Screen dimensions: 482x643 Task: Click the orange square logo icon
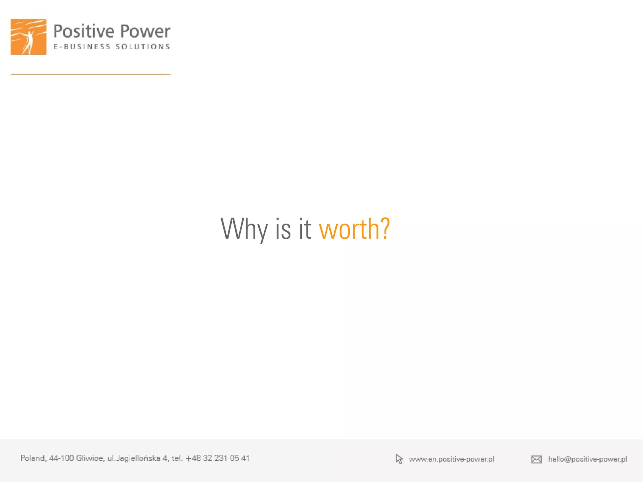point(29,37)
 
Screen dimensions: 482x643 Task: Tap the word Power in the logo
point(145,31)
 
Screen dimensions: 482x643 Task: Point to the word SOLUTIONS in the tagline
point(143,47)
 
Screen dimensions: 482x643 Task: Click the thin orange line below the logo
point(91,74)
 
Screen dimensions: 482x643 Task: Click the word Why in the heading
point(244,229)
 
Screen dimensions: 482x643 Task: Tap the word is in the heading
point(283,229)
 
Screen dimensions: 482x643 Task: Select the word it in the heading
point(305,229)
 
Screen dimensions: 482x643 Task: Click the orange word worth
point(349,229)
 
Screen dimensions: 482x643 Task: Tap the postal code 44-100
point(61,458)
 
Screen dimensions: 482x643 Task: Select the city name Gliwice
point(90,458)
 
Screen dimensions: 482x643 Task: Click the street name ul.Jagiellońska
point(134,458)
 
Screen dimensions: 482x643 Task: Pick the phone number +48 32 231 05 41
point(218,458)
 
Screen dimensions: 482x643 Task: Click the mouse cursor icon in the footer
point(399,459)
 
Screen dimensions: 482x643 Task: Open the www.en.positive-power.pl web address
point(451,459)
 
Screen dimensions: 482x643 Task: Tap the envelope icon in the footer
point(536,459)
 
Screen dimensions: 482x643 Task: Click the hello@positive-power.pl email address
point(587,459)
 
